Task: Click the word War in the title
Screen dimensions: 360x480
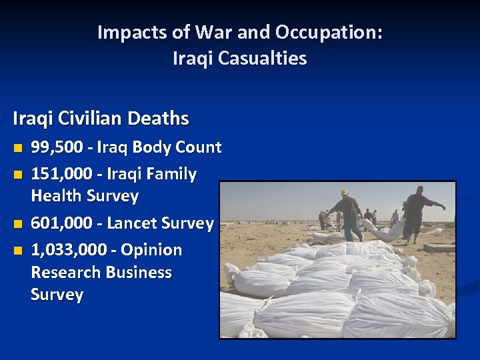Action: [211, 32]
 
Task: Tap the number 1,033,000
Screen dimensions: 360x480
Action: [69, 250]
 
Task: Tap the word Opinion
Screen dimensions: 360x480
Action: [152, 250]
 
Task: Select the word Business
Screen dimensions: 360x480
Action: [142, 273]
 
